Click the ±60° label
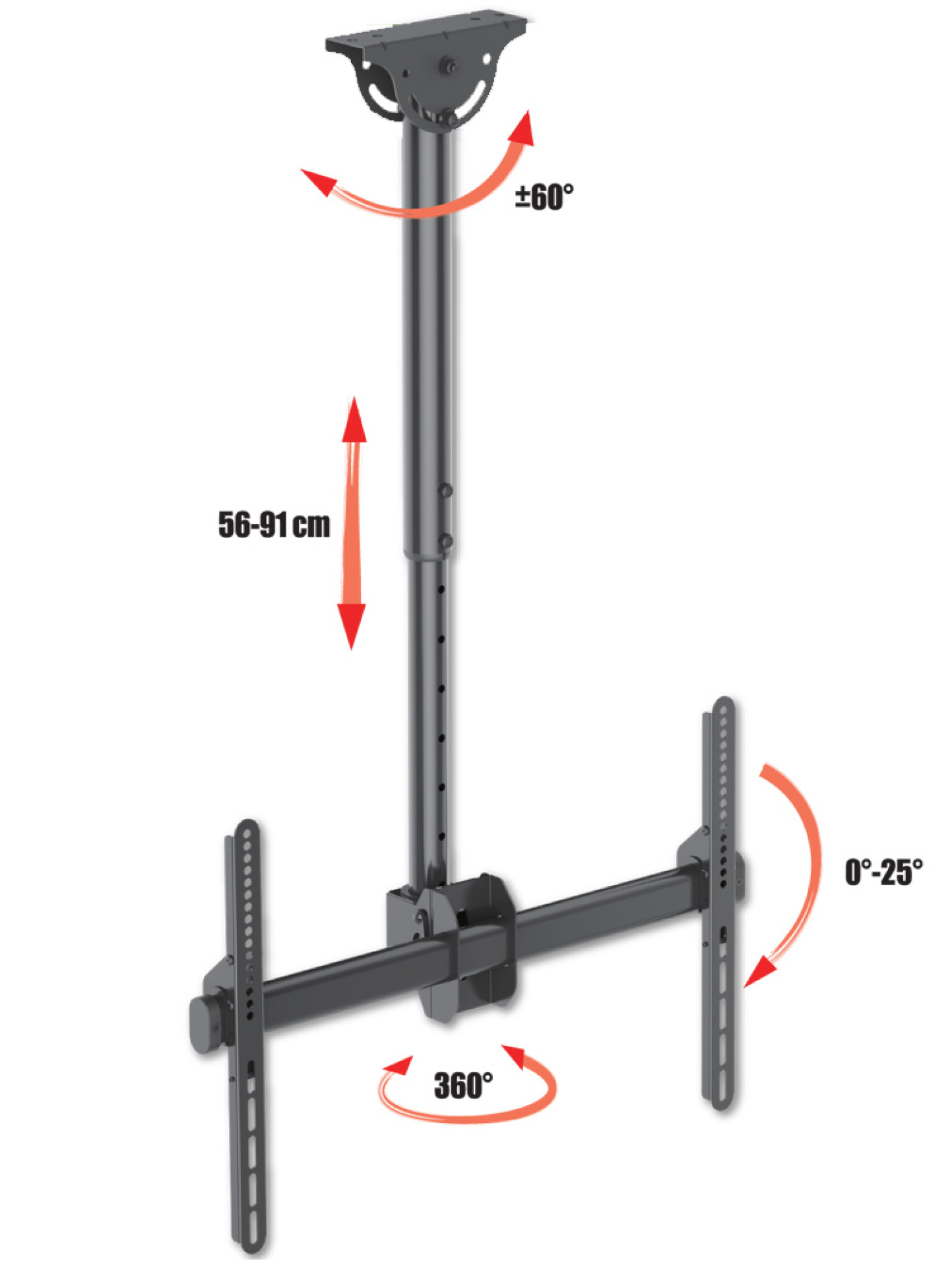tap(544, 196)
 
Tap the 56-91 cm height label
tap(274, 525)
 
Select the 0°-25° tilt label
tap(883, 872)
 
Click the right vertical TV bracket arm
tap(724, 903)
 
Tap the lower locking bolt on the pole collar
tap(446, 541)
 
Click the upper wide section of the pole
tap(427, 330)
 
